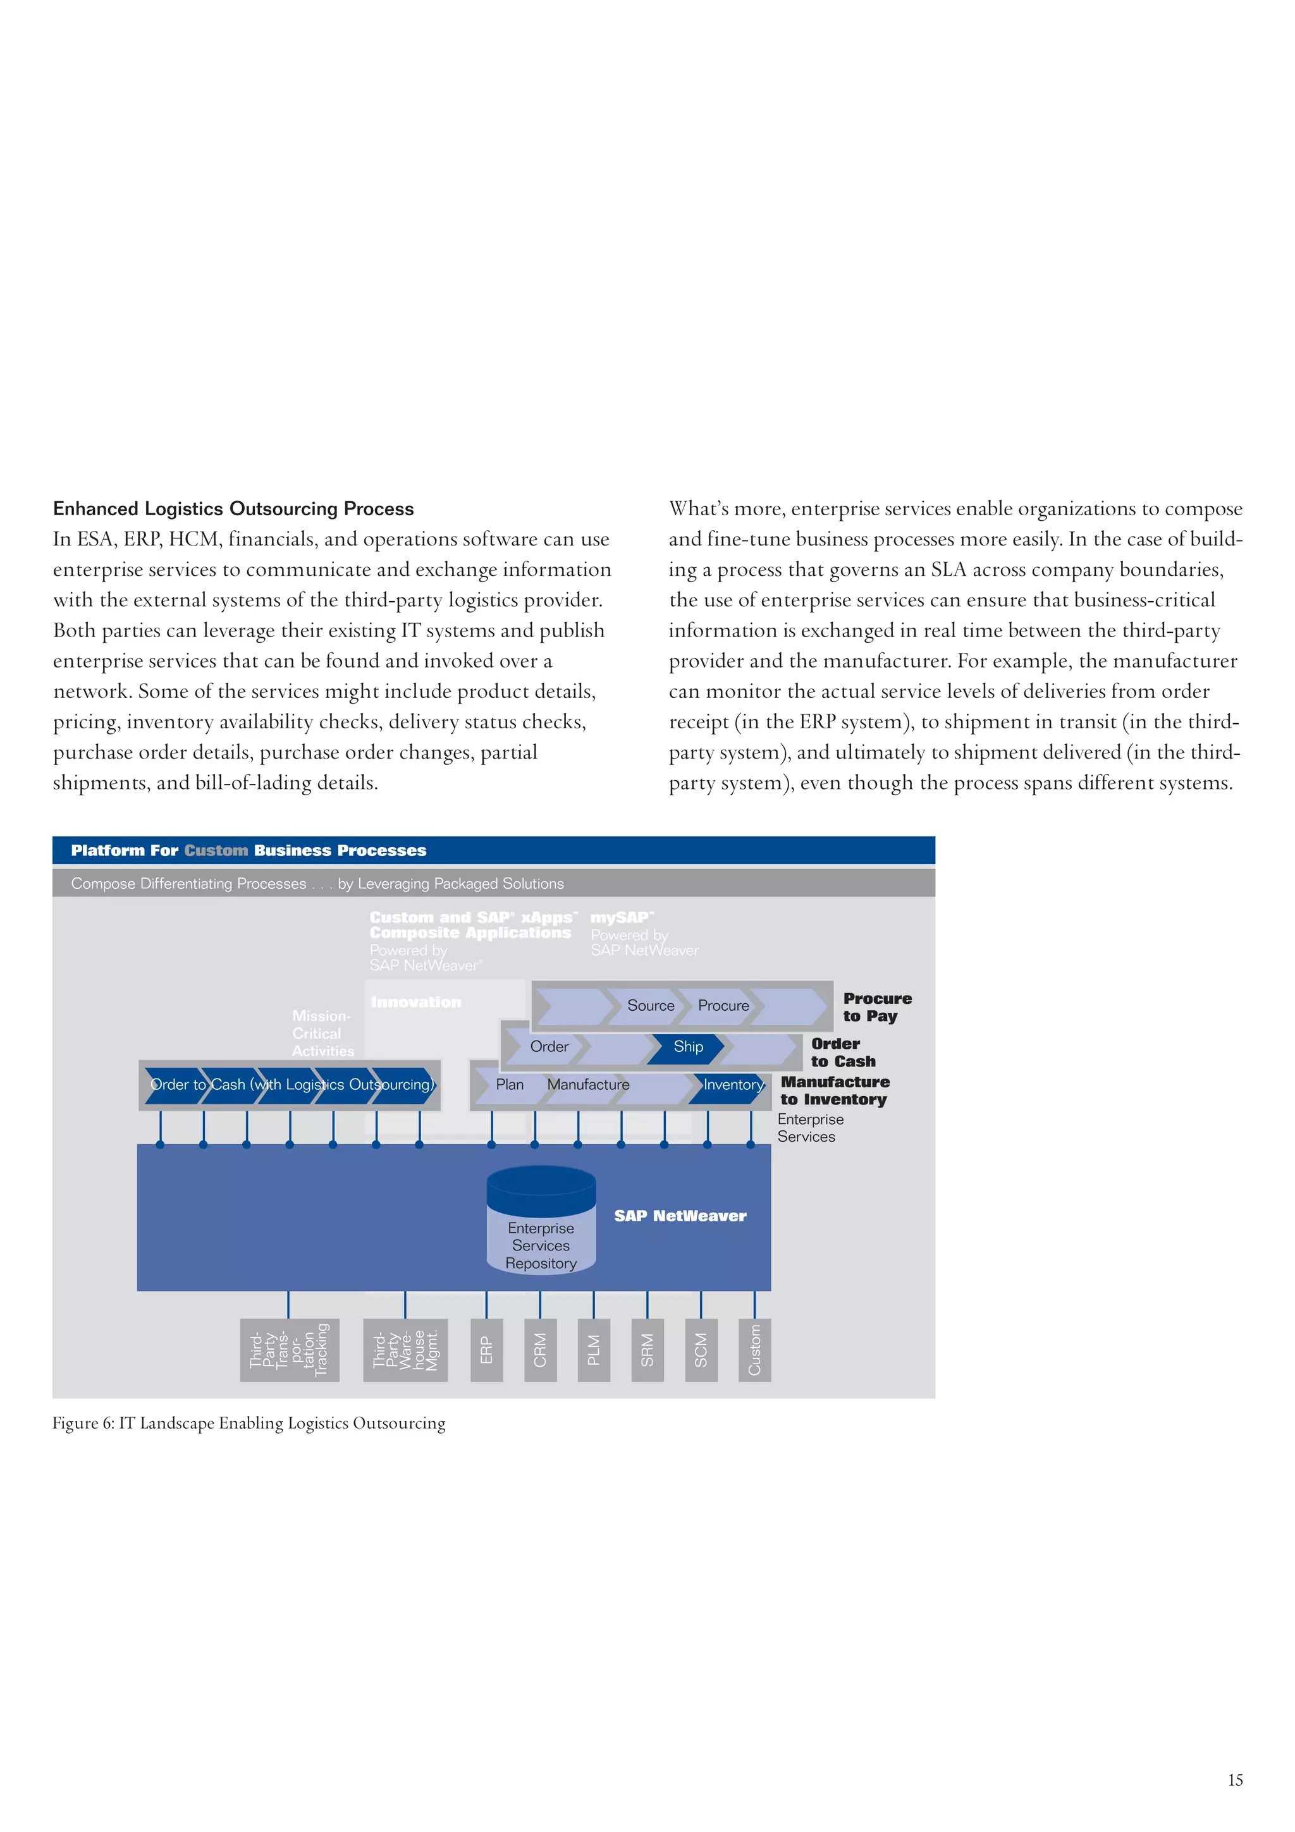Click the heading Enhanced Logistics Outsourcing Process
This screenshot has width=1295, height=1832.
point(233,509)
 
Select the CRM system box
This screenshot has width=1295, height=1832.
point(540,1350)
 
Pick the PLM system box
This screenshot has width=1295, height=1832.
point(594,1350)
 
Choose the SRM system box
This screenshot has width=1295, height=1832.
point(647,1350)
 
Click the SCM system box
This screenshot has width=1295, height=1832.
point(701,1350)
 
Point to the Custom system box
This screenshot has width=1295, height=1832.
point(754,1350)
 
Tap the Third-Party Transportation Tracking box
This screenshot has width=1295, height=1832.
point(289,1350)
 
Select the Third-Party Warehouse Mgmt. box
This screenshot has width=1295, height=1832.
point(405,1350)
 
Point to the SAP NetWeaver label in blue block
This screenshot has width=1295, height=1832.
point(680,1216)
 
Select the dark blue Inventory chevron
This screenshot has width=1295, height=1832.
point(730,1085)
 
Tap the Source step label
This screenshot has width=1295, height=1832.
point(650,1006)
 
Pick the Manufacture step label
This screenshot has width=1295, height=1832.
point(588,1085)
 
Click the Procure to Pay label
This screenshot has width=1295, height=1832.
point(876,1008)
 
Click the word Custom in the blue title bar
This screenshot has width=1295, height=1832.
point(216,851)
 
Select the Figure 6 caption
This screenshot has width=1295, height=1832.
point(249,1424)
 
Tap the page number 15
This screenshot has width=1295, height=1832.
point(1234,1780)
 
